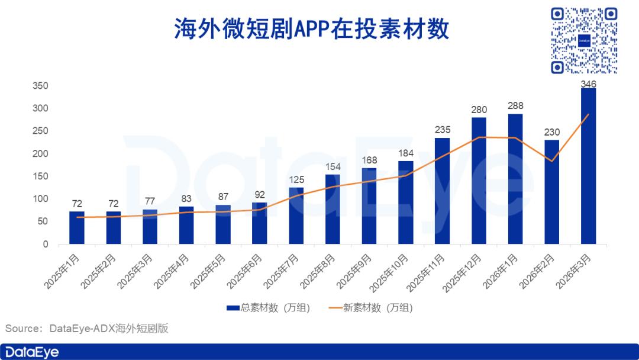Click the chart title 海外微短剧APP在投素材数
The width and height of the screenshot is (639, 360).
(x=311, y=28)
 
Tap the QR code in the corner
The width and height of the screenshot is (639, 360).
(x=583, y=40)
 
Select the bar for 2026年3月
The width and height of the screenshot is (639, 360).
(x=588, y=166)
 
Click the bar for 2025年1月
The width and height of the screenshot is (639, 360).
(x=77, y=228)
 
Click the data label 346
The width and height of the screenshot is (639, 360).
(x=588, y=84)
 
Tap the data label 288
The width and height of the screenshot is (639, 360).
(x=515, y=106)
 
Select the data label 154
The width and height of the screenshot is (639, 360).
(x=333, y=166)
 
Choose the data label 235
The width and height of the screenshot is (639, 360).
(x=443, y=130)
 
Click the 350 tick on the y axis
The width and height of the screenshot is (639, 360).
(x=40, y=86)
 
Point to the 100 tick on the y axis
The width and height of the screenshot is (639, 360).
(x=40, y=199)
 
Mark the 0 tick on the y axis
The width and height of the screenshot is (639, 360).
(x=45, y=244)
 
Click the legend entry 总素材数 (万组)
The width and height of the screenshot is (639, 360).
(x=267, y=307)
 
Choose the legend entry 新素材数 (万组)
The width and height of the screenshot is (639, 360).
(x=371, y=307)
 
